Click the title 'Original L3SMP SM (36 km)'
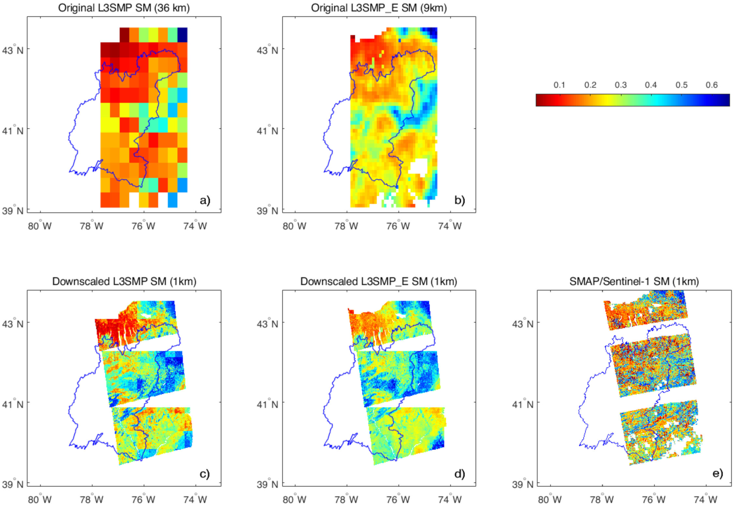[x=124, y=8]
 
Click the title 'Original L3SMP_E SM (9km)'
[x=379, y=8]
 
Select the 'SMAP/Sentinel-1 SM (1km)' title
[x=634, y=281]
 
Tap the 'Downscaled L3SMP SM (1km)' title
[x=124, y=281]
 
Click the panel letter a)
[x=205, y=200]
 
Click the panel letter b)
[x=459, y=200]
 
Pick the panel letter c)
[x=204, y=473]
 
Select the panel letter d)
[x=459, y=473]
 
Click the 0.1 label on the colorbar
[x=559, y=85]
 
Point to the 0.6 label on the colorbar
[x=712, y=85]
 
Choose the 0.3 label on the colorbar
[x=621, y=85]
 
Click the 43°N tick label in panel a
[x=13, y=50]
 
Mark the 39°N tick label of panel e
[x=523, y=484]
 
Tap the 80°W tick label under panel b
[x=294, y=226]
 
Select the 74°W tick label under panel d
[x=450, y=500]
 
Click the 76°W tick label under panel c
[x=143, y=500]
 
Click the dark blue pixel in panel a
[x=182, y=35]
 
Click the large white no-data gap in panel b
[x=418, y=166]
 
